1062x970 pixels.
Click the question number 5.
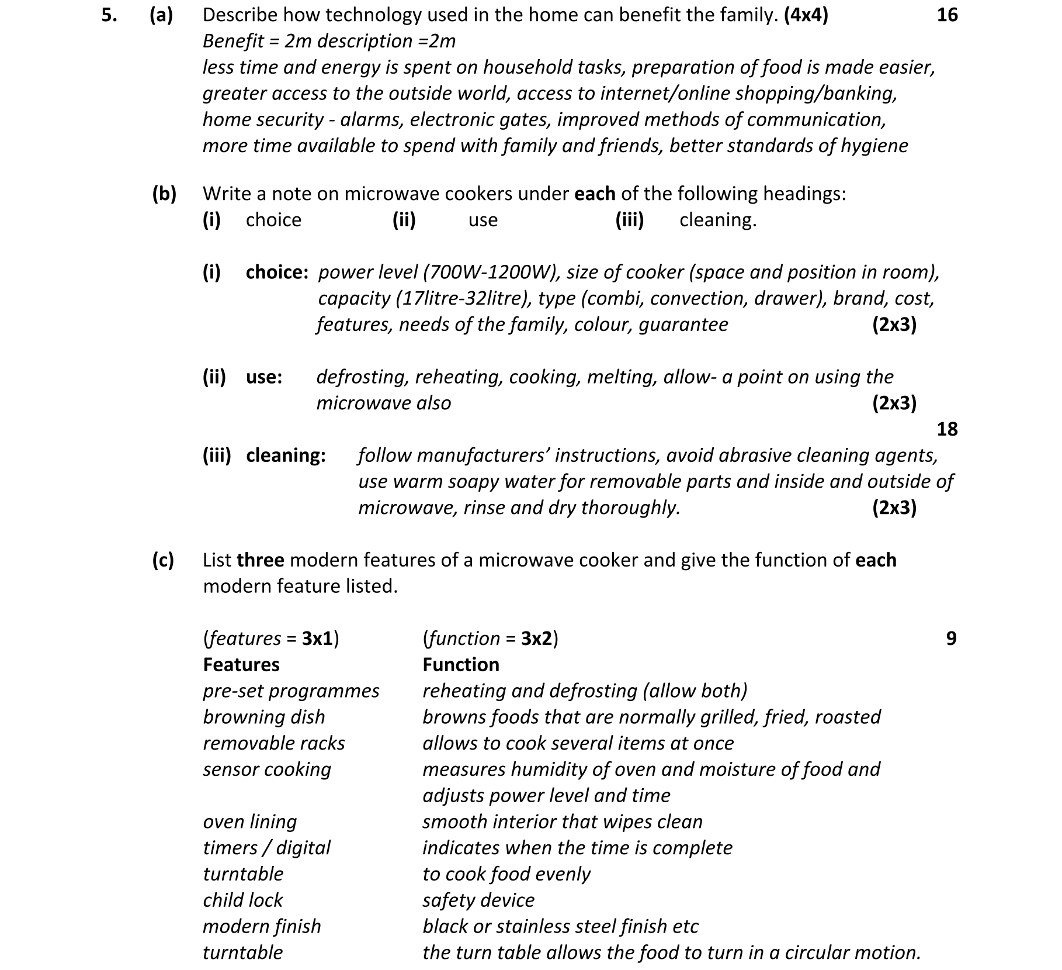pyautogui.click(x=109, y=15)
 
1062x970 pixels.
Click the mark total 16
pyautogui.click(x=947, y=15)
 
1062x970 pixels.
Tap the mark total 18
pyautogui.click(x=947, y=429)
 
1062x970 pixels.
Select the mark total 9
pyautogui.click(x=951, y=638)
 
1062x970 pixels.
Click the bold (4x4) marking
pyautogui.click(x=806, y=15)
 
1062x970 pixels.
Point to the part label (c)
pyautogui.click(x=163, y=560)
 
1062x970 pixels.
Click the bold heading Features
pyautogui.click(x=241, y=665)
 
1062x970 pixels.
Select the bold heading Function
pyautogui.click(x=460, y=665)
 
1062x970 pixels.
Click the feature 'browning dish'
pyautogui.click(x=263, y=717)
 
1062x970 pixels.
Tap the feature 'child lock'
pyautogui.click(x=242, y=900)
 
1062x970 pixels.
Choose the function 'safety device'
pyautogui.click(x=478, y=900)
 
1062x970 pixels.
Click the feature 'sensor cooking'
pyautogui.click(x=266, y=769)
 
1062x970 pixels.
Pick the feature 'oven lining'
pyautogui.click(x=249, y=821)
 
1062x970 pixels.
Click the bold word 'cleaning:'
pyautogui.click(x=286, y=455)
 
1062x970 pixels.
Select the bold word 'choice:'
pyautogui.click(x=277, y=272)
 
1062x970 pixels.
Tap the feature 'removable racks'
pyautogui.click(x=273, y=743)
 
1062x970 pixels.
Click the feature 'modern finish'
pyautogui.click(x=262, y=926)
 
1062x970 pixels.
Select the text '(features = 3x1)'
pyautogui.click(x=271, y=638)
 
